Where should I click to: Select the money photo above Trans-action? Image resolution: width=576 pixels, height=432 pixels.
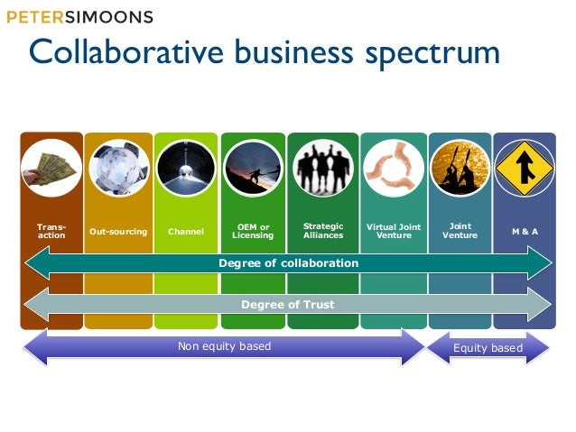point(51,168)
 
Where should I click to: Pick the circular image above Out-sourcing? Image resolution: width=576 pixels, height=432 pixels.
point(118,168)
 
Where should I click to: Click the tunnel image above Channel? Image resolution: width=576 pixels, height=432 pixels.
point(185,168)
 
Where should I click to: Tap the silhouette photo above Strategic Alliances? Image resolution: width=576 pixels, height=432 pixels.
point(323,168)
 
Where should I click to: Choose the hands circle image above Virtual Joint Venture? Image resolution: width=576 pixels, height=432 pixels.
point(394,168)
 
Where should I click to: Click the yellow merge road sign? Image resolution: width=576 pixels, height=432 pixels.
point(525,168)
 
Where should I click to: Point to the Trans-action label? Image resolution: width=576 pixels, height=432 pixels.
point(51,232)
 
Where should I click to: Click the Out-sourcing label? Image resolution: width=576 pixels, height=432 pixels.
point(118,232)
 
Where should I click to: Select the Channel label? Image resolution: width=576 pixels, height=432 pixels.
point(186,232)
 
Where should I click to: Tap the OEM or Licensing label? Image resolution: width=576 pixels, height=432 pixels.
point(252,231)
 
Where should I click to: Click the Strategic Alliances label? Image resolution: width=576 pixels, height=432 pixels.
point(323,231)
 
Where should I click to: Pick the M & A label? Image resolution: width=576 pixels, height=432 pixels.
point(525,232)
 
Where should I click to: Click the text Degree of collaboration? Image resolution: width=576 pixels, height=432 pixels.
point(288,263)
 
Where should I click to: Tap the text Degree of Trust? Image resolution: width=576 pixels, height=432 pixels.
point(288,305)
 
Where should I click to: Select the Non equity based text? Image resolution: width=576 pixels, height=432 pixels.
point(224,346)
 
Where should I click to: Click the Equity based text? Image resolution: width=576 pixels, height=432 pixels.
point(488,347)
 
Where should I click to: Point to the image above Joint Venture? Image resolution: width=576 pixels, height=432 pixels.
point(460,168)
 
